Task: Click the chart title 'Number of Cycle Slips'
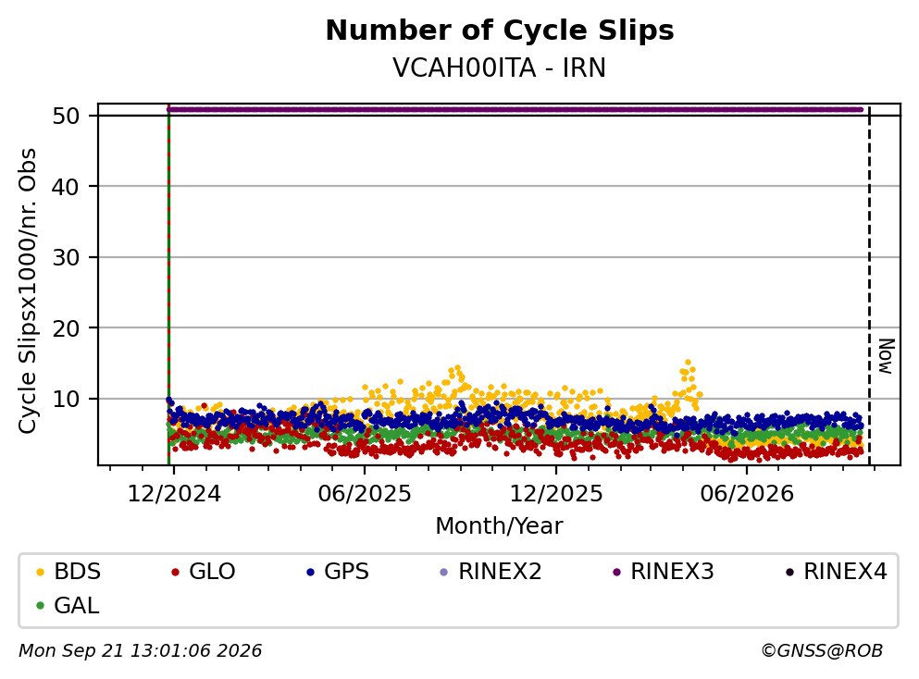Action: tap(500, 31)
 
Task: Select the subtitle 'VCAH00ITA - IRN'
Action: tap(500, 68)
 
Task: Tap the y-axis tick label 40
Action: tap(66, 187)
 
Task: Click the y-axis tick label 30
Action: tap(66, 257)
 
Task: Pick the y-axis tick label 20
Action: tap(66, 328)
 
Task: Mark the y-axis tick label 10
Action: tap(66, 399)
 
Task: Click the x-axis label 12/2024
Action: tap(174, 494)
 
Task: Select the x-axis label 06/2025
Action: tap(365, 494)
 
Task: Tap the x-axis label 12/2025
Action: tap(555, 494)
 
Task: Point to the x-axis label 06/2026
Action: tap(747, 494)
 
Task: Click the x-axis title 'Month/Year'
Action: tap(499, 526)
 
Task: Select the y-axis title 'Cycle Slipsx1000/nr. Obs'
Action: tap(27, 290)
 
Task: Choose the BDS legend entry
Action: tap(68, 571)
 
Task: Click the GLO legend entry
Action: tap(203, 571)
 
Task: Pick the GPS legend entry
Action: tap(338, 571)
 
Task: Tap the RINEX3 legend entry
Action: tap(663, 571)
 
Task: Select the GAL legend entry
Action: tap(68, 605)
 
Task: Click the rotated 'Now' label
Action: tap(887, 356)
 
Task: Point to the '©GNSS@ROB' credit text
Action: tap(822, 650)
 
